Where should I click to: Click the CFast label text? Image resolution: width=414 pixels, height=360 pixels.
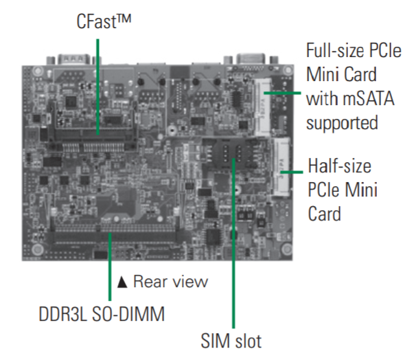[x=104, y=21]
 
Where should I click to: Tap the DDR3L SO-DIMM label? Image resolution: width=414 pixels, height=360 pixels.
[x=102, y=314]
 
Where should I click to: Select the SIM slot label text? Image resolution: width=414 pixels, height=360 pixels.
[x=231, y=341]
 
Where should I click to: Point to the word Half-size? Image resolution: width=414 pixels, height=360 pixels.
[x=340, y=166]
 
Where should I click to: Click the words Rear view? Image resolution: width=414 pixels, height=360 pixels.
[x=170, y=281]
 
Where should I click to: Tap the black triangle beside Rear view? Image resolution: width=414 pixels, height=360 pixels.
[x=122, y=282]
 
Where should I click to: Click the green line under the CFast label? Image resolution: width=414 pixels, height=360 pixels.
[x=97, y=87]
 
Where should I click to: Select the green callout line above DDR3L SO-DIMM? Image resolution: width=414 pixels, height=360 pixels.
[x=110, y=267]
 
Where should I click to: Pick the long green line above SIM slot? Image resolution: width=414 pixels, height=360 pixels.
[x=233, y=243]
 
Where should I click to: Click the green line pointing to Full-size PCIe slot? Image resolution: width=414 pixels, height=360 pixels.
[x=282, y=93]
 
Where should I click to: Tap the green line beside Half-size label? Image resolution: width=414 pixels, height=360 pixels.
[x=292, y=172]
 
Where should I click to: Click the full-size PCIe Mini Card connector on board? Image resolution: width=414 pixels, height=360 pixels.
[x=263, y=107]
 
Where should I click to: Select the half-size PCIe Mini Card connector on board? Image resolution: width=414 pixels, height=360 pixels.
[x=281, y=167]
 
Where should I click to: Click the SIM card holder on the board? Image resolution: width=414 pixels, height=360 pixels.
[x=232, y=155]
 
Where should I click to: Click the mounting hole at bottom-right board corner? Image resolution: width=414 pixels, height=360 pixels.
[x=286, y=249]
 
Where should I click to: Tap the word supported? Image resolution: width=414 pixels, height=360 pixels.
[x=342, y=123]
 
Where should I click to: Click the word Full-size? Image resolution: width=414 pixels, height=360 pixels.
[x=335, y=50]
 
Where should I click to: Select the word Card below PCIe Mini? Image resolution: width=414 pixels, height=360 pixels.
[x=324, y=214]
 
